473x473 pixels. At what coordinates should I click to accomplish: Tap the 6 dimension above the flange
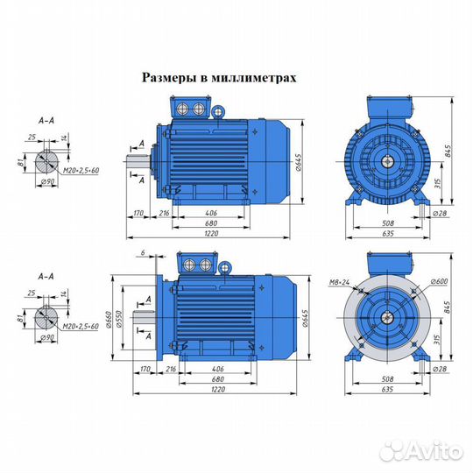140,253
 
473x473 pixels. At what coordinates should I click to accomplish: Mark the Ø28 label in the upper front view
440,214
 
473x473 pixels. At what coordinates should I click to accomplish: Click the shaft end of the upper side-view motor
139,163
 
